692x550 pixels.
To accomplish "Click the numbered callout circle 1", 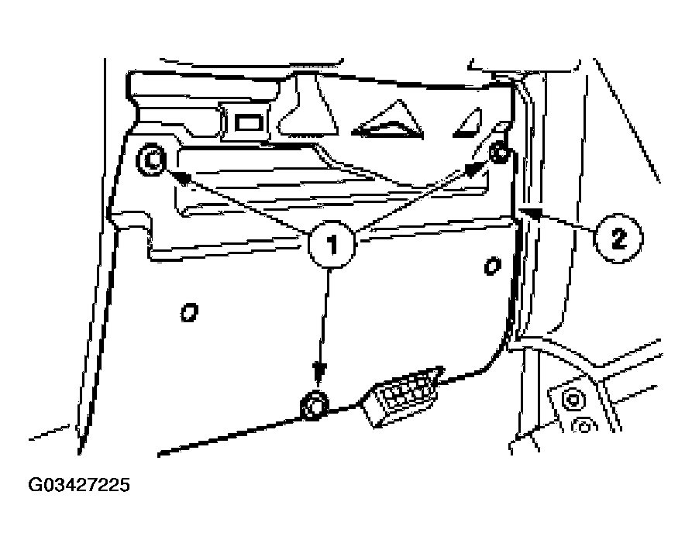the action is (331, 244).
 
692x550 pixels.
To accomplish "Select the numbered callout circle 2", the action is (618, 239).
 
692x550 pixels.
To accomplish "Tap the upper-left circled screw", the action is (151, 160).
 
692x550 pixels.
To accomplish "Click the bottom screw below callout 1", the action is (314, 406).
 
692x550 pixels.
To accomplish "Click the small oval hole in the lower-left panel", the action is (189, 312).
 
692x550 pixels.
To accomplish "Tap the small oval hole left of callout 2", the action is (492, 266).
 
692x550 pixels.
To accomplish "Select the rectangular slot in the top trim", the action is (250, 122).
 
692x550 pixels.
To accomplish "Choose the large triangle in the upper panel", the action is (388, 122).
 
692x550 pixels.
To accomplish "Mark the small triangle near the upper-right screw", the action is (468, 123).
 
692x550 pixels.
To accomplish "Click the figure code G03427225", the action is (79, 485).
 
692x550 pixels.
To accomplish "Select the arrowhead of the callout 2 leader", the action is (532, 212).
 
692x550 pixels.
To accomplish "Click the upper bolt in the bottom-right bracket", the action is (572, 400).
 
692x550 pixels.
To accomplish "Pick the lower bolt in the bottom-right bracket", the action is (584, 426).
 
